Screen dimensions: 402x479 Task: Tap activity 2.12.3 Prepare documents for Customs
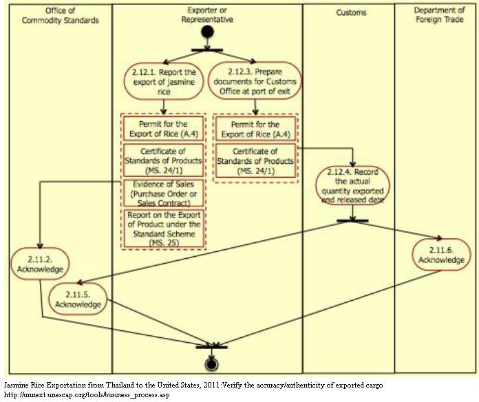tap(255, 80)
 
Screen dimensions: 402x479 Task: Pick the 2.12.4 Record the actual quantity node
tap(352, 184)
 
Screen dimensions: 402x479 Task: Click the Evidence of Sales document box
tap(163, 193)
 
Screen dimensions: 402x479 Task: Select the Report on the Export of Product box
tap(163, 228)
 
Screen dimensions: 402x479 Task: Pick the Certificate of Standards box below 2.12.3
tap(255, 161)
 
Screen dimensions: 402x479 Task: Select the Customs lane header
tap(351, 13)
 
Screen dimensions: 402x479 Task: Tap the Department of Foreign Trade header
tap(440, 15)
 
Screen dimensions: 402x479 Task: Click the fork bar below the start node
tap(206, 48)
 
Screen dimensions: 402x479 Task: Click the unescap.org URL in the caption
tap(86, 395)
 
